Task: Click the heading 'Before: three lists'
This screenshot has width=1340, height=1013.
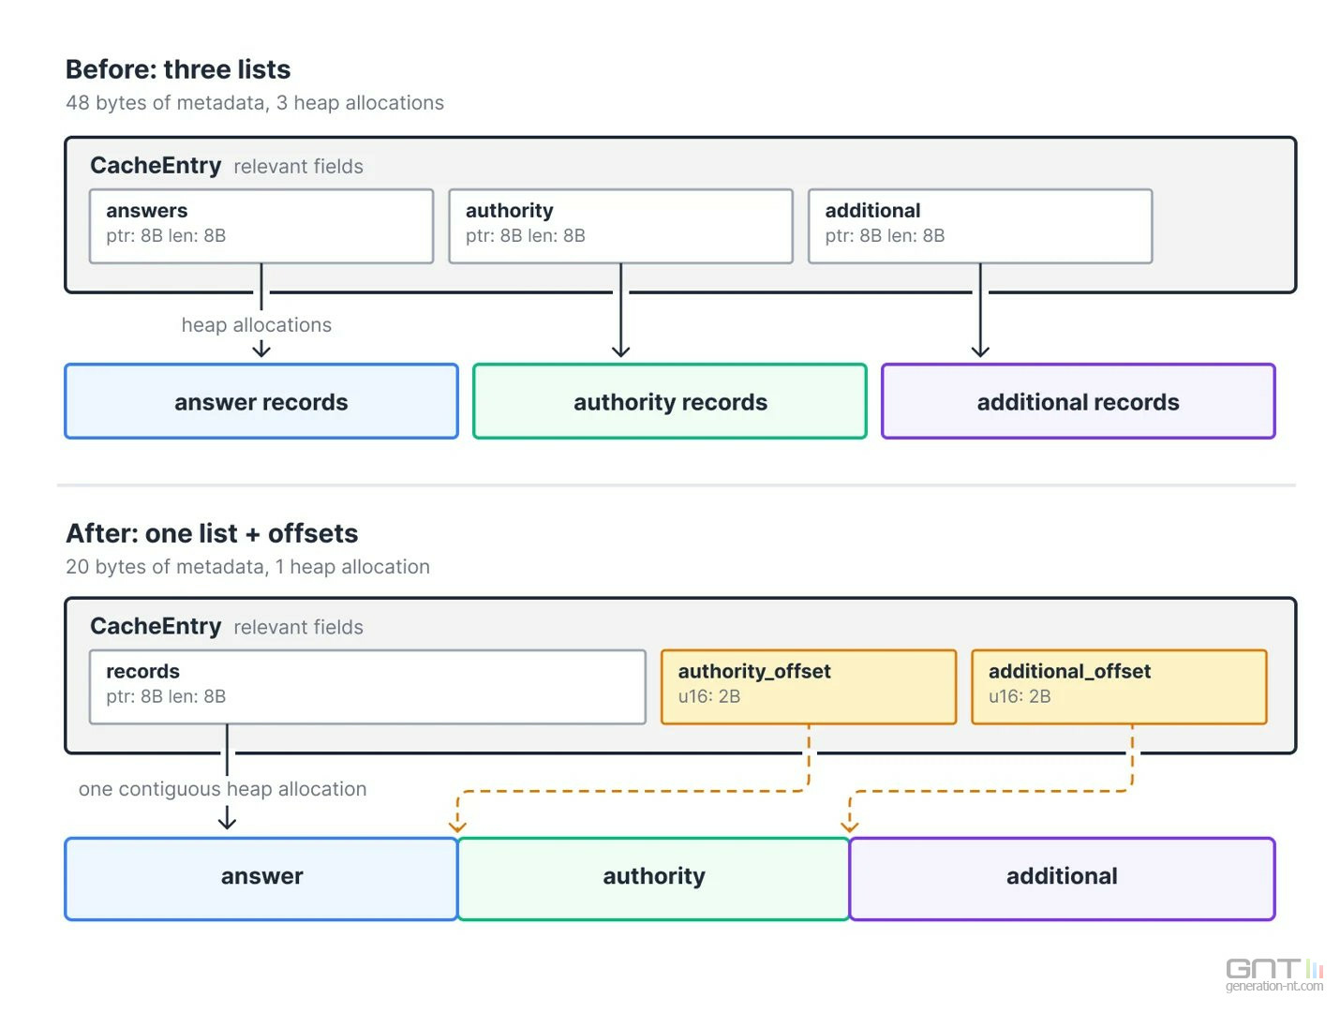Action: point(178,69)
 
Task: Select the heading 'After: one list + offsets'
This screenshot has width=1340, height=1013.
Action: point(212,533)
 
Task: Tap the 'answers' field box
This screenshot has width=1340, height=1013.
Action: point(261,226)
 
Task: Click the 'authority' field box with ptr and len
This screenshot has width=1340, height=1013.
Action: point(620,226)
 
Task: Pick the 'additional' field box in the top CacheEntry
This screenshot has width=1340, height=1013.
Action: point(980,226)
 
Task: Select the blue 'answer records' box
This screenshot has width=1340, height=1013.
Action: point(261,401)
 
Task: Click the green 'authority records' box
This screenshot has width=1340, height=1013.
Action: point(670,401)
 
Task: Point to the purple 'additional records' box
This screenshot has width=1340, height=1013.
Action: point(1079,401)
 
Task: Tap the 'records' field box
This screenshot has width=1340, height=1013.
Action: point(367,687)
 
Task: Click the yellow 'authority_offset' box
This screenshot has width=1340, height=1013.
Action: point(809,687)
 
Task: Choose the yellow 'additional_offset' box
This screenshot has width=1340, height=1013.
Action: point(1119,687)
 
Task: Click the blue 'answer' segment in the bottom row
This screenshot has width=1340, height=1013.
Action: point(261,878)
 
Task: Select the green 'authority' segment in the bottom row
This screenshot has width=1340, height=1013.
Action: point(653,878)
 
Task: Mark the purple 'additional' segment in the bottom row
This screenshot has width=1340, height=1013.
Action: point(1062,878)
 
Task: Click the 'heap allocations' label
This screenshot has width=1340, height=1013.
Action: point(257,324)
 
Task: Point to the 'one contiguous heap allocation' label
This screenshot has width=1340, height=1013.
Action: point(222,789)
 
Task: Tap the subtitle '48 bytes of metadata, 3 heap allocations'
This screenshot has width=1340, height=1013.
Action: point(255,102)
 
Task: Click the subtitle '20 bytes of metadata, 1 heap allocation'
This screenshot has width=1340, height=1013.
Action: point(247,566)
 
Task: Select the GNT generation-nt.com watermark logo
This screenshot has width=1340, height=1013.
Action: point(1274,975)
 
